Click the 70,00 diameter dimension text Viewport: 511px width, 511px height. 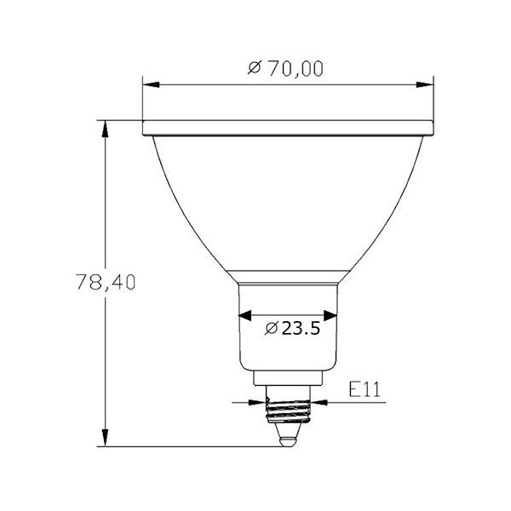(x=287, y=69)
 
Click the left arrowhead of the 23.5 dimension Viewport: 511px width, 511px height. (x=244, y=315)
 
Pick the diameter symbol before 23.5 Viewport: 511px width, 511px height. (x=271, y=328)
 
